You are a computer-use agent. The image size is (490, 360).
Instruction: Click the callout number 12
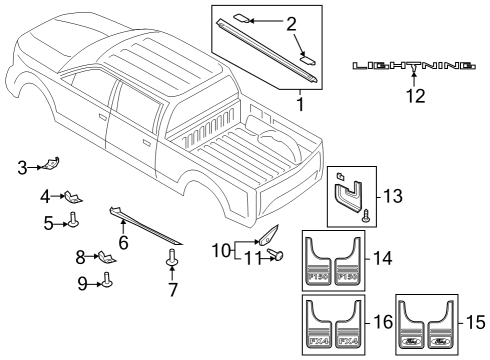tap(413, 96)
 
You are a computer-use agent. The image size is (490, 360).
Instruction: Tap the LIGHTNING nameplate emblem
tap(413, 66)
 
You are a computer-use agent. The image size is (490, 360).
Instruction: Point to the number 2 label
tap(291, 23)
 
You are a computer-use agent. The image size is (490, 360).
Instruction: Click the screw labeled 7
tap(173, 262)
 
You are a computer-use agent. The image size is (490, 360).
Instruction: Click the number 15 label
tap(476, 324)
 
